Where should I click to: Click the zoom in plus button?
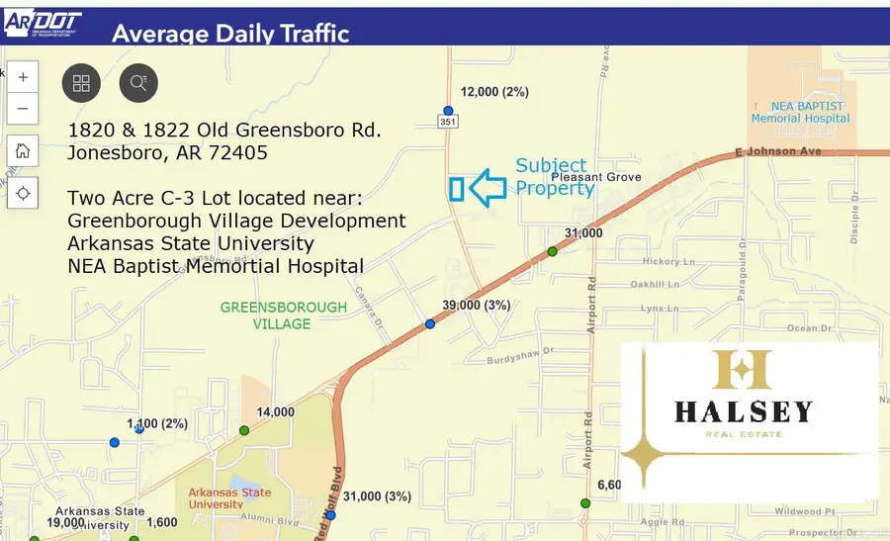coord(23,77)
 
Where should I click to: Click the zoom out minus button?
coord(23,109)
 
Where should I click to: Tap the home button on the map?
coord(23,151)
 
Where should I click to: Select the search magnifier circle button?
coord(138,83)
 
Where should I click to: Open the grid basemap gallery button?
coord(81,83)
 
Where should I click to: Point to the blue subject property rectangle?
coord(457,189)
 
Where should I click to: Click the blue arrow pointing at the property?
coord(488,186)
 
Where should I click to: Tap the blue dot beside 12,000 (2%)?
coord(448,111)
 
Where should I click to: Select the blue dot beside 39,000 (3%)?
coord(430,324)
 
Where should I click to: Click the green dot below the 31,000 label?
coord(553,251)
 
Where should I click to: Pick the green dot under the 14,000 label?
coord(243,430)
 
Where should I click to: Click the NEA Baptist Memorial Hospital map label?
coord(799,112)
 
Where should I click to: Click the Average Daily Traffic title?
coord(230,33)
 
